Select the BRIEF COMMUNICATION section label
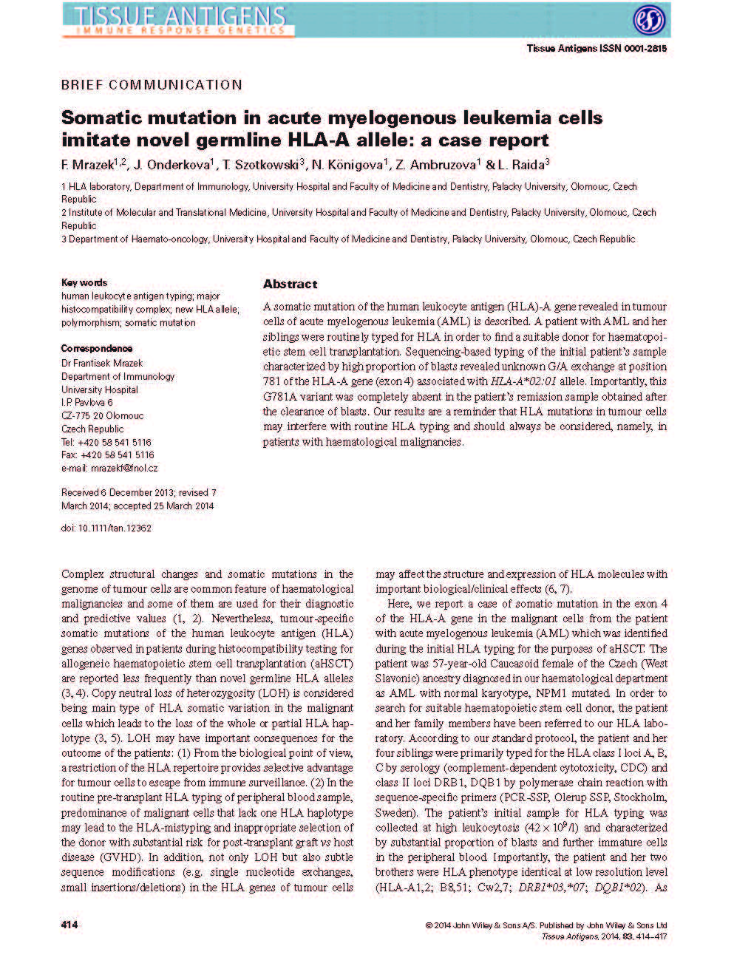point(152,85)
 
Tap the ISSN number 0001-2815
point(643,49)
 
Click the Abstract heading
point(290,284)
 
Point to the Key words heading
point(84,282)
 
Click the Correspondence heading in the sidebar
point(97,348)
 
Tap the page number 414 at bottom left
point(69,925)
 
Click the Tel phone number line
point(106,442)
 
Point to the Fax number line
point(107,455)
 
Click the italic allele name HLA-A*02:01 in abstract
point(523,381)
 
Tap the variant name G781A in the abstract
point(279,397)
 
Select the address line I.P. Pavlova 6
point(87,403)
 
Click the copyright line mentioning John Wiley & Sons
point(546,925)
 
